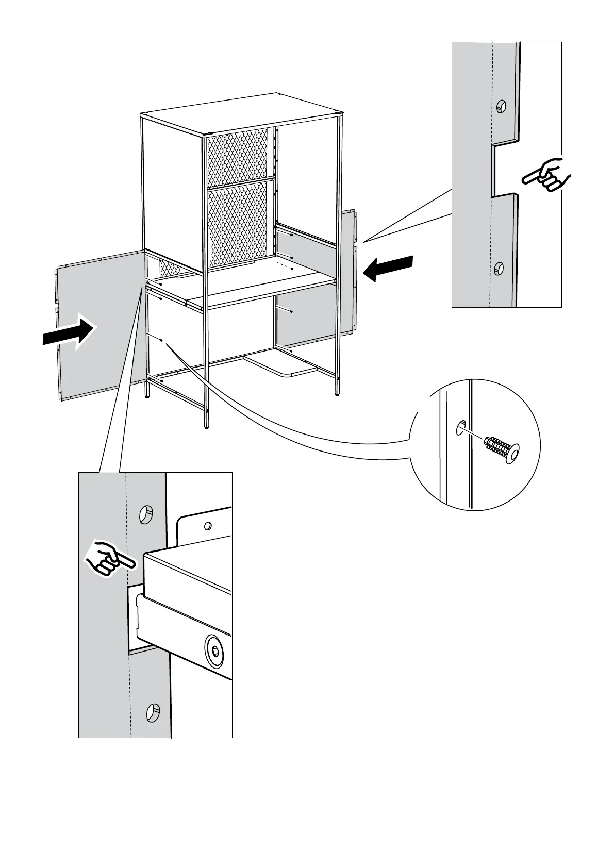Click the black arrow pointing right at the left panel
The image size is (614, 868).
pos(70,333)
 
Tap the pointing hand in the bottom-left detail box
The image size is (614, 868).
pos(110,558)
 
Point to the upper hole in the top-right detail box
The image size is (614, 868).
pos(501,107)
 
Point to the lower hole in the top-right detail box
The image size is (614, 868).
pos(499,268)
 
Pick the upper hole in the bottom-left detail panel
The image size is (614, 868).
pos(146,514)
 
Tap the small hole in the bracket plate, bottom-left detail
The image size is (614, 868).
pos(208,526)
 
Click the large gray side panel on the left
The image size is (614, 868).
pos(98,325)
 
